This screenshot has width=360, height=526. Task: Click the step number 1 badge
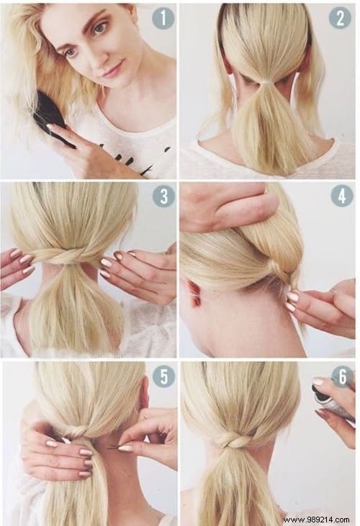[x=163, y=18]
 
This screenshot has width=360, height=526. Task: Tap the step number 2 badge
[x=340, y=17]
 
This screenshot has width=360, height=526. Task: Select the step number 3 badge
[x=163, y=196]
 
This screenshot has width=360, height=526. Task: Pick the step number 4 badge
[x=341, y=195]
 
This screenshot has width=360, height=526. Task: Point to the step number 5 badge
[x=163, y=375]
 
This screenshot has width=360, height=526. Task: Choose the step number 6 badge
[x=341, y=375]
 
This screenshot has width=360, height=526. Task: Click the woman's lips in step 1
[x=108, y=72]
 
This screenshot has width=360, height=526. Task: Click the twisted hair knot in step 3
[x=70, y=255]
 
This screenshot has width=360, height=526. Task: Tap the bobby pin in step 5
[x=115, y=448]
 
